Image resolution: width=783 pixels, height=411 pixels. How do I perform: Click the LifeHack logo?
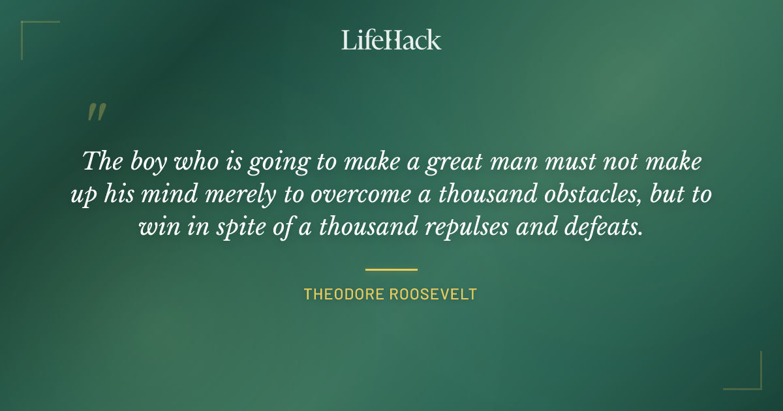391,40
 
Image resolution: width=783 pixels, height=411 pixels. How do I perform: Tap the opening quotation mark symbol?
96,113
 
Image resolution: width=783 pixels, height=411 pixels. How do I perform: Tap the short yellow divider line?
391,269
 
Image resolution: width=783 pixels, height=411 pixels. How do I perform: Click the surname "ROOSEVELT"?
433,294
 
